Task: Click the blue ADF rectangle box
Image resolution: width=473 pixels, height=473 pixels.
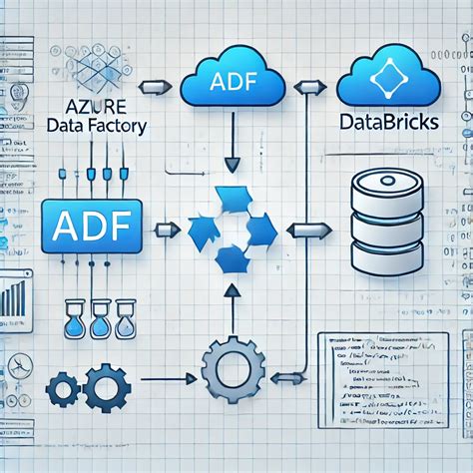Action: click(x=92, y=225)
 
